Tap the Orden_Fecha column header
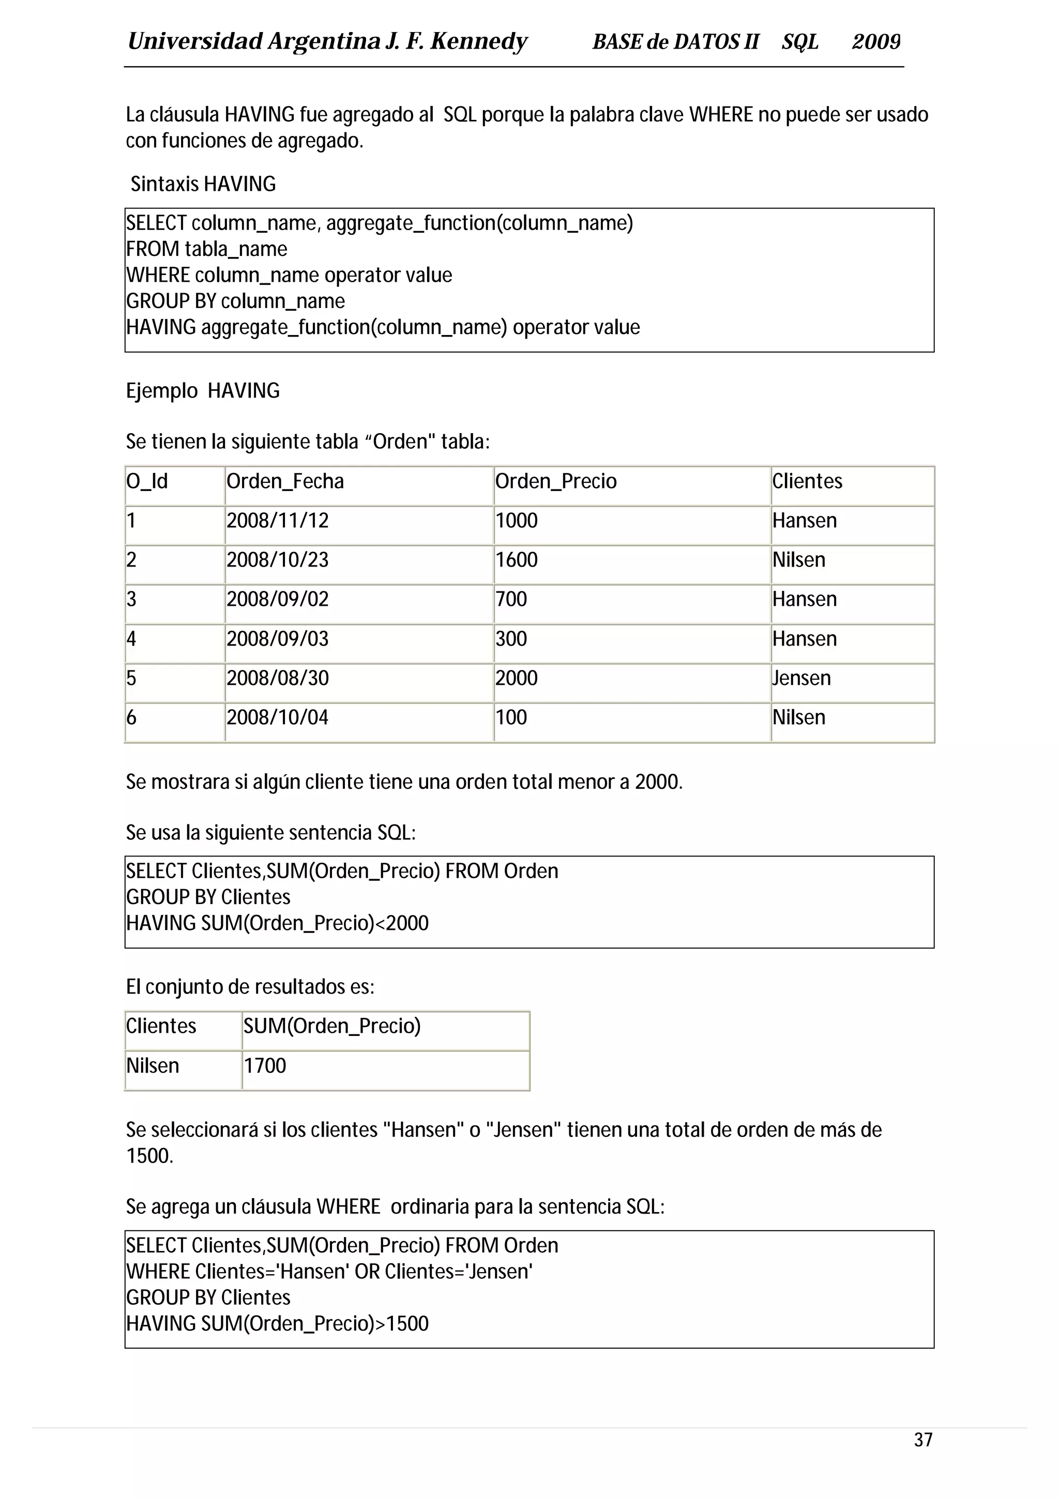point(285,482)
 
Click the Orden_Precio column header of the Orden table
point(556,482)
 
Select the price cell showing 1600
point(516,560)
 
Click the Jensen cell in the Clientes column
point(801,678)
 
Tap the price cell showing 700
point(511,599)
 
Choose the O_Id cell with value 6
point(132,717)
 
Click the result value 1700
point(265,1065)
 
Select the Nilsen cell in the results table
point(153,1065)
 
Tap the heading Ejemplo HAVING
point(203,391)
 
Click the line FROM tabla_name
point(207,249)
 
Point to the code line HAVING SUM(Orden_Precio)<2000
point(277,923)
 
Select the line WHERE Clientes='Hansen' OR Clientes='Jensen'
point(329,1271)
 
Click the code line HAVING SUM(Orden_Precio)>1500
point(277,1323)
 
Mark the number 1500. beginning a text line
point(149,1156)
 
